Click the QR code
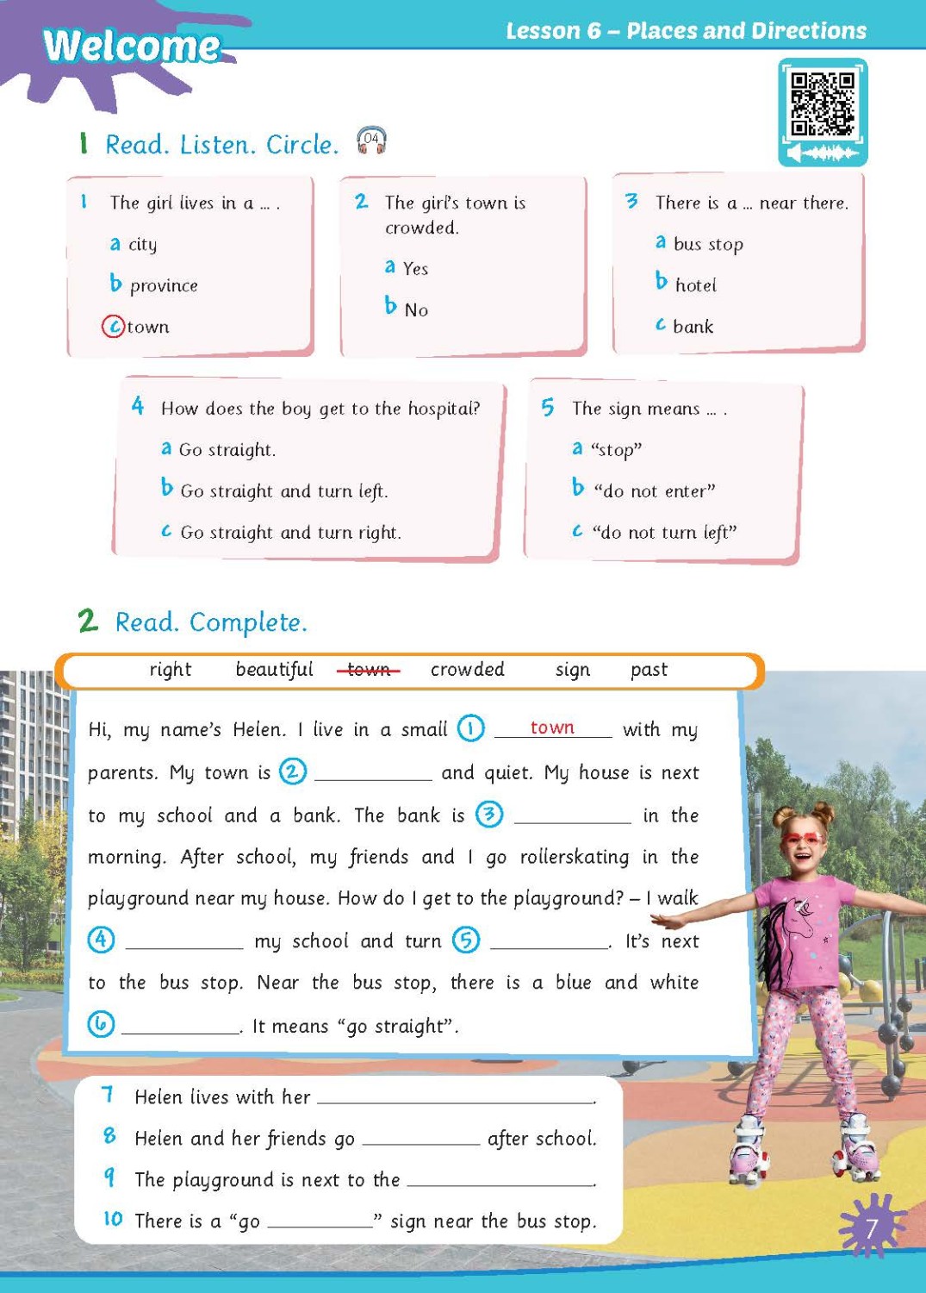pyautogui.click(x=822, y=104)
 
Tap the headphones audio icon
pyautogui.click(x=371, y=140)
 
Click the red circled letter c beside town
pyautogui.click(x=113, y=327)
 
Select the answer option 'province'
pyautogui.click(x=164, y=285)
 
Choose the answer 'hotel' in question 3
pyautogui.click(x=695, y=285)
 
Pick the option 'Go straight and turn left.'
pyautogui.click(x=284, y=491)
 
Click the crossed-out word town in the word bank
pyautogui.click(x=369, y=670)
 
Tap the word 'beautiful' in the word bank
pyautogui.click(x=274, y=670)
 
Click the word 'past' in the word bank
pyautogui.click(x=649, y=670)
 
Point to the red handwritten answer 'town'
pyautogui.click(x=552, y=728)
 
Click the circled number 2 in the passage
pyautogui.click(x=293, y=771)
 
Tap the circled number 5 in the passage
pyautogui.click(x=466, y=940)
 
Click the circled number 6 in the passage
pyautogui.click(x=101, y=1024)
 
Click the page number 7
pyautogui.click(x=871, y=1227)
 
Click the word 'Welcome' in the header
pyautogui.click(x=132, y=46)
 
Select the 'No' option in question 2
pyautogui.click(x=416, y=310)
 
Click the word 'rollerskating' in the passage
pyautogui.click(x=575, y=858)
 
